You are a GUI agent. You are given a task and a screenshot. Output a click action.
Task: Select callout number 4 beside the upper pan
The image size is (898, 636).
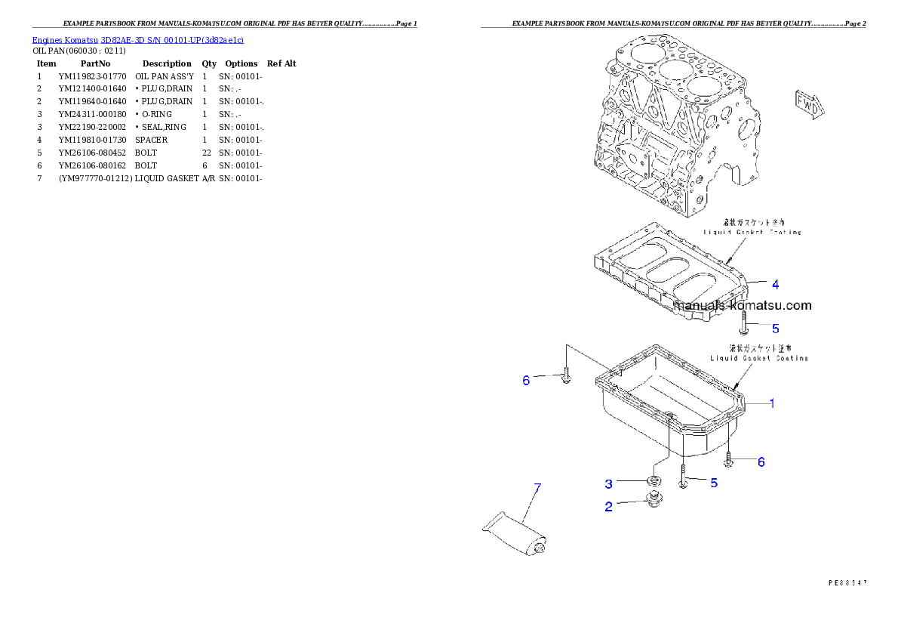click(x=774, y=285)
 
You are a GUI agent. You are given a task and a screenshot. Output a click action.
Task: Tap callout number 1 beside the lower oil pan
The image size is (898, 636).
click(x=771, y=403)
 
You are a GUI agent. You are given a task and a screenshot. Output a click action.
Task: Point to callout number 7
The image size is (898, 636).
click(x=537, y=488)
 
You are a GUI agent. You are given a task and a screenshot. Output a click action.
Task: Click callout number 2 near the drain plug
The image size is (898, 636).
click(x=608, y=507)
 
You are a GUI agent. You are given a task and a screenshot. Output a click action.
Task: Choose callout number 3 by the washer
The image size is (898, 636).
click(x=608, y=483)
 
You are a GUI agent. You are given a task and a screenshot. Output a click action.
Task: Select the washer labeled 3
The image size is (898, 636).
click(x=653, y=480)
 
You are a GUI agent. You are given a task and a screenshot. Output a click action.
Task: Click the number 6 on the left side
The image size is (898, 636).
click(x=526, y=381)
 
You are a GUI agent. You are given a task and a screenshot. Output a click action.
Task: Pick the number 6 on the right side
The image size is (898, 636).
click(x=761, y=462)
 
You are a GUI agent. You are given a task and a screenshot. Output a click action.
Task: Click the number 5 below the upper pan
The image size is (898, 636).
click(x=774, y=329)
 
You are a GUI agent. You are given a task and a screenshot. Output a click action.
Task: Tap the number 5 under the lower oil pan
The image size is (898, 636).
click(x=713, y=483)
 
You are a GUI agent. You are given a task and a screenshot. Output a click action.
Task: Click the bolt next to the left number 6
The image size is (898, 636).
click(x=566, y=375)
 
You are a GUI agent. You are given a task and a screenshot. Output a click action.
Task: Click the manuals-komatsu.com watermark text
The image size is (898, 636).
click(x=743, y=306)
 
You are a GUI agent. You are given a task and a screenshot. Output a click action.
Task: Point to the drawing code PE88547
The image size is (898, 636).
click(x=847, y=582)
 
